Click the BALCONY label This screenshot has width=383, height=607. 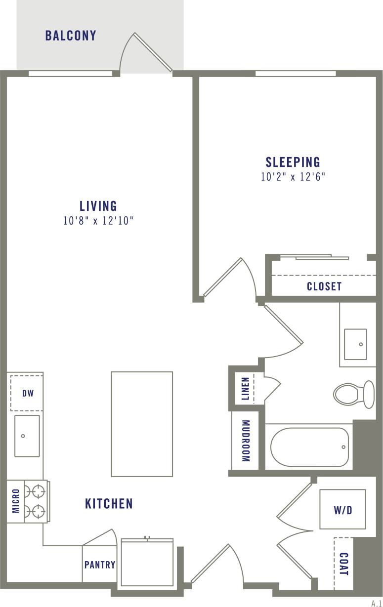71,36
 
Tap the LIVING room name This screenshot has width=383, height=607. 98,205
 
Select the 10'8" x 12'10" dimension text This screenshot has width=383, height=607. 98,221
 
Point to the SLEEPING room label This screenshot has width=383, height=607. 293,162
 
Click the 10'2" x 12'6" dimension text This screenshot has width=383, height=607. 293,177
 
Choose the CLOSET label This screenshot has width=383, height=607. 324,286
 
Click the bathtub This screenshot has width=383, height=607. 309,447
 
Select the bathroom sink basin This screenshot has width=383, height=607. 355,344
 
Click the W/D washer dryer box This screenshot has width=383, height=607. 342,510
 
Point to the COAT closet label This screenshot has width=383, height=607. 344,564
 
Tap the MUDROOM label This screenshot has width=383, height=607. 246,441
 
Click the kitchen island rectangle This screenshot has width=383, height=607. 142,424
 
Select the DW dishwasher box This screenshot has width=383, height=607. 27,393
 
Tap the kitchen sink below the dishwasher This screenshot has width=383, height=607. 27,436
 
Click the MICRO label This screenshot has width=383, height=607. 15,501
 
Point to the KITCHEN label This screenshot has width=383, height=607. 109,503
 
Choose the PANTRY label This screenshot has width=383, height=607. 100,565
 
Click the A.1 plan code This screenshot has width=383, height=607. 376,603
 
